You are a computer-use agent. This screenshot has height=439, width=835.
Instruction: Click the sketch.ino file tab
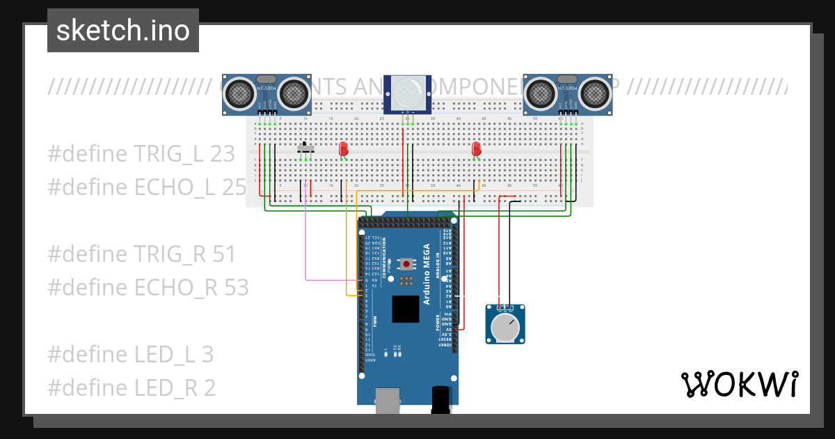point(122,31)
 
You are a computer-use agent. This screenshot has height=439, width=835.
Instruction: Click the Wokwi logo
point(738,384)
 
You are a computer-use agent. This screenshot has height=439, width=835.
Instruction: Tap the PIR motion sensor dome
point(407,93)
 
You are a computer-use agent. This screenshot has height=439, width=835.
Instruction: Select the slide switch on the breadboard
point(305,148)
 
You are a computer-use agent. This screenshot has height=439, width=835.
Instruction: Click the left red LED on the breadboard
point(343,149)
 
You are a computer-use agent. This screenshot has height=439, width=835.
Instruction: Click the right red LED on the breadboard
point(476,149)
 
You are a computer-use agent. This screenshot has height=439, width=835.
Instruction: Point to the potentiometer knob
point(506,326)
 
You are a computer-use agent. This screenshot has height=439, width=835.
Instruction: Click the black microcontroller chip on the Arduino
point(406,309)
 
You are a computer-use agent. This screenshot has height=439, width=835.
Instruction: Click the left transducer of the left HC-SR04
point(239,93)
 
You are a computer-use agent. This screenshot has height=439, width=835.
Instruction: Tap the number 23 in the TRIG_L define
point(222,154)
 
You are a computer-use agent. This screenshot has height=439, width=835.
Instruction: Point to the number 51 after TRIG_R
point(224,254)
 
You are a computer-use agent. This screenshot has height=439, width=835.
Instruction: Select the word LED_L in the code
point(164,355)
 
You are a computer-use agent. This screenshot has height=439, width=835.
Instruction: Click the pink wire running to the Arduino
point(306,237)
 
